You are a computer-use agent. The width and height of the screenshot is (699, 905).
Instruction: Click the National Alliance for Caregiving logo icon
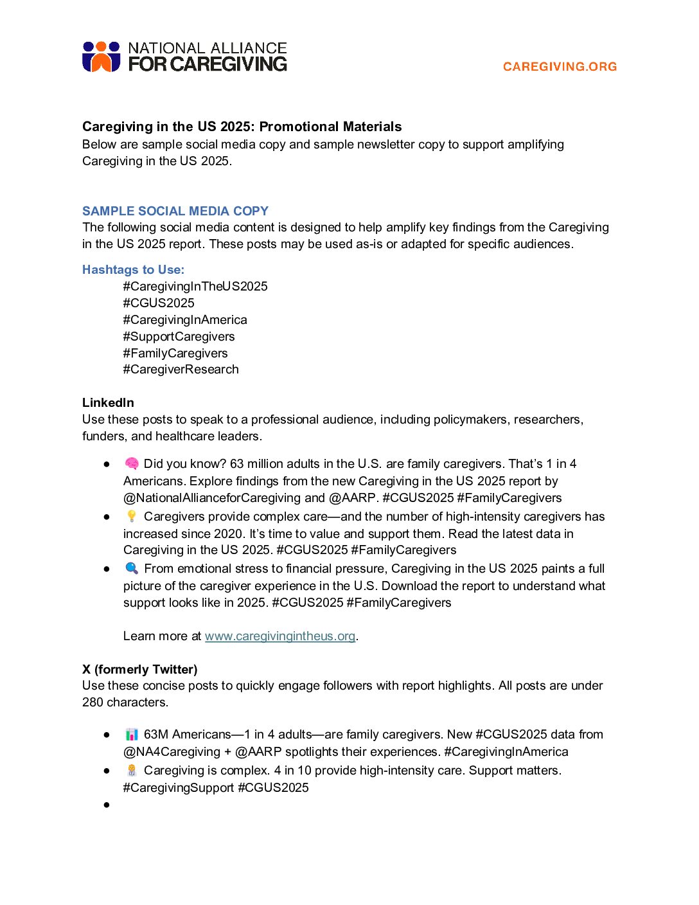click(x=101, y=57)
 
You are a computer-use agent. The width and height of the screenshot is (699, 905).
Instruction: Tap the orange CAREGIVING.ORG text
click(x=560, y=66)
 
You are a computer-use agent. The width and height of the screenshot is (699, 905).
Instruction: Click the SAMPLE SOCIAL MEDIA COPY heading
click(x=175, y=211)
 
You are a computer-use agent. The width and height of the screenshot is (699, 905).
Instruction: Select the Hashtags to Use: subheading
click(x=133, y=270)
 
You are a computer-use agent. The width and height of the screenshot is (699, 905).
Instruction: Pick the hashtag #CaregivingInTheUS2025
click(x=195, y=287)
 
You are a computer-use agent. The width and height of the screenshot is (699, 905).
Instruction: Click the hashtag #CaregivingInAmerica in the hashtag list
click(x=185, y=320)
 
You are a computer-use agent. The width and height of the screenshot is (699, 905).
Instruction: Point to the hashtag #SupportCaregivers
click(x=179, y=337)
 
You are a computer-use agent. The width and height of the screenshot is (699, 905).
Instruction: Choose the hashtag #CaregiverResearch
click(x=181, y=370)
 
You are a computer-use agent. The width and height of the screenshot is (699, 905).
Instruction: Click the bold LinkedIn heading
click(x=108, y=403)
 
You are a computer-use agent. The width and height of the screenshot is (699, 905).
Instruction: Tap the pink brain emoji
click(x=132, y=463)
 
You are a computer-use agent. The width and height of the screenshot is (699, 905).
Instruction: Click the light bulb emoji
click(x=132, y=516)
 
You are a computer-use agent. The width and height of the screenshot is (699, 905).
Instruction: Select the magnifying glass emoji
click(x=132, y=568)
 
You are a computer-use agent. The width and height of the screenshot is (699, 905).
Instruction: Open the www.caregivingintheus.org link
click(x=280, y=636)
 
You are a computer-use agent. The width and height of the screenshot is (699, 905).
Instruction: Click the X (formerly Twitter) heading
click(x=139, y=670)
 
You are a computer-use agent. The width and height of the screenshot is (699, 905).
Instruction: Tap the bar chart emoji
click(x=132, y=734)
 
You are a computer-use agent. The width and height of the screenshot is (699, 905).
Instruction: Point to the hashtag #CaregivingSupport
click(x=179, y=788)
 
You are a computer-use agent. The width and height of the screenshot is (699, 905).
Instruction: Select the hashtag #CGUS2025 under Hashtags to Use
click(x=159, y=303)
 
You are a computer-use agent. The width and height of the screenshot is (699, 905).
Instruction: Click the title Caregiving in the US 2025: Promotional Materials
click(x=242, y=127)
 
